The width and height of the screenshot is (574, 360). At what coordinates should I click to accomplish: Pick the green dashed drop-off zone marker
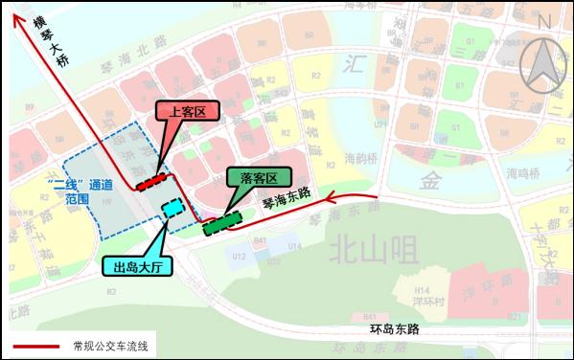point(221,223)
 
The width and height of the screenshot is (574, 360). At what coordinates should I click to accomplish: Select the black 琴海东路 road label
point(287,198)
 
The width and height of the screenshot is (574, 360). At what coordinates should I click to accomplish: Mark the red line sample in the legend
point(34,346)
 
